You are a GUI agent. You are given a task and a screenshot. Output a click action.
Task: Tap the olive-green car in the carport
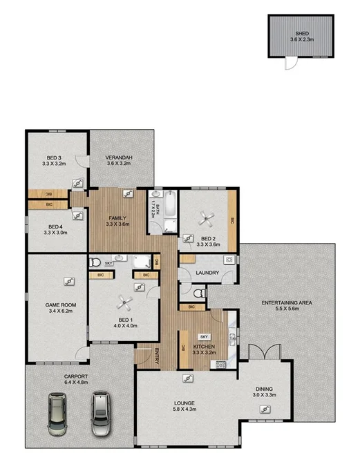[55, 414]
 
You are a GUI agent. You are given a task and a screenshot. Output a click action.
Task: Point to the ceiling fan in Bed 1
[124, 300]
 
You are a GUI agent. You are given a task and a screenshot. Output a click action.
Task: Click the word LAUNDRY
[207, 273]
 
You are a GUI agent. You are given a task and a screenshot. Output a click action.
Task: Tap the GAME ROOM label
[59, 305]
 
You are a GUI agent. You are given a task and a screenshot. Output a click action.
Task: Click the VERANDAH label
[119, 158]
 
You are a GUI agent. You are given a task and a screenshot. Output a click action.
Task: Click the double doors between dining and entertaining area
[265, 352]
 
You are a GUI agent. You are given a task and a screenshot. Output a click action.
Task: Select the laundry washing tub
[227, 260]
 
